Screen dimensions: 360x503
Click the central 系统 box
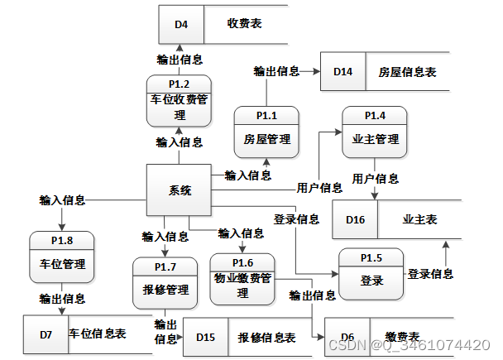[x=179, y=190]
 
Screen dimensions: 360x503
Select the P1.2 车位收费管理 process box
[x=180, y=100]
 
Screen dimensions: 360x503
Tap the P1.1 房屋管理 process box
[x=266, y=132]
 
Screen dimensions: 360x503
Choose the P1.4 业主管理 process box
[x=375, y=132]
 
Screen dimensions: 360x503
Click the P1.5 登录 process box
[x=371, y=274]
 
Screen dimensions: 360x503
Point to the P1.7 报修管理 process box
[x=165, y=283]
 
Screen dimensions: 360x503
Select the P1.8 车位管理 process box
[x=62, y=257]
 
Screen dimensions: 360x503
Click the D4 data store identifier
[x=181, y=25]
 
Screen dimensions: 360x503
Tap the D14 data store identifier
[x=343, y=73]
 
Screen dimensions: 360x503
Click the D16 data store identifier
[x=355, y=219]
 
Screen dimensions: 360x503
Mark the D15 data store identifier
[x=205, y=338]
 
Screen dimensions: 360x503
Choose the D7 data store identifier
[x=46, y=334]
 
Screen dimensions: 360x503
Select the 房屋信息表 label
[x=407, y=73]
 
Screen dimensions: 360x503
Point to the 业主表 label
[x=420, y=219]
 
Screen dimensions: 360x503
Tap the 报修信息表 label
[x=267, y=338]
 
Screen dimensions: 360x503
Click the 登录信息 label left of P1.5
[x=296, y=219]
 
